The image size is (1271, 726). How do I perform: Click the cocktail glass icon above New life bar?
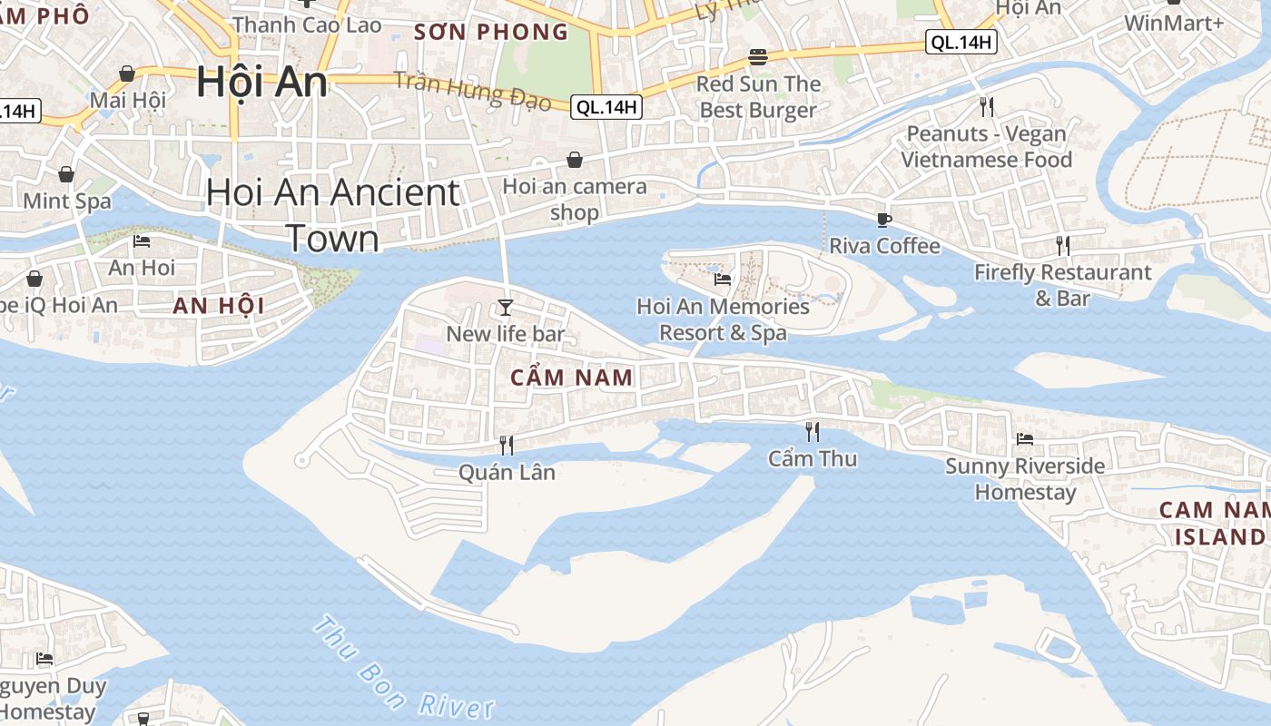point(506,308)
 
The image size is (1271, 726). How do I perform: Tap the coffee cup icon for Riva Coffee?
point(883,220)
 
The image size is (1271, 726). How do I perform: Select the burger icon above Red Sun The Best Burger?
point(758,58)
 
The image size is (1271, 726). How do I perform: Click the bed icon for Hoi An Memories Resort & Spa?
point(723,280)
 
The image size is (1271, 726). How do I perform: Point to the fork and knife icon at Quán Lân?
point(507,445)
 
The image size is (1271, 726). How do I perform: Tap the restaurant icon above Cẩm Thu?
point(812,431)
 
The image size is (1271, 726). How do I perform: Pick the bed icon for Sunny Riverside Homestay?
point(1025,439)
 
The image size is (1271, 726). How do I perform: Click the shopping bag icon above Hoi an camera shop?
point(575,161)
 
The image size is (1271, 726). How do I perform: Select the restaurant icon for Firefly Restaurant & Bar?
point(1062,245)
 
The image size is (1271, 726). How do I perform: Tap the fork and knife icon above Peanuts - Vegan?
point(987,107)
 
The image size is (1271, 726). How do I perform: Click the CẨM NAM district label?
point(572,378)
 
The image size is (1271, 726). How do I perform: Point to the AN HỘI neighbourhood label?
point(219,306)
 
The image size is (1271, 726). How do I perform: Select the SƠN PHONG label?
point(491,33)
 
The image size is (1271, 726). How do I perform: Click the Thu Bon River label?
point(403,669)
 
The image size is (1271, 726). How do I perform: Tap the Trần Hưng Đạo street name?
point(472,91)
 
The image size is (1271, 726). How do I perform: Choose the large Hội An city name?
point(261,82)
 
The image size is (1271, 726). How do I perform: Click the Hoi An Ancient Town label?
point(332,215)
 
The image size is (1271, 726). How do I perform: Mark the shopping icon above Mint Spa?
point(66,174)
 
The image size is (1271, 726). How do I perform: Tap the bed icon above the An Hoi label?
point(142,241)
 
